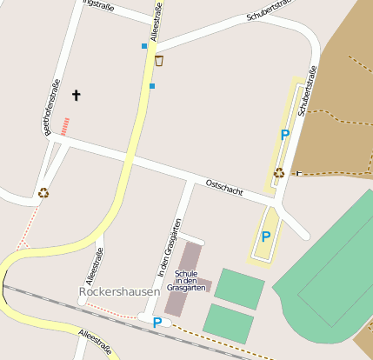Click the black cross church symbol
click(75, 95)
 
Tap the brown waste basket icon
click(158, 61)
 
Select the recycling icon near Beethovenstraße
click(43, 193)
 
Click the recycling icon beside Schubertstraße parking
click(279, 172)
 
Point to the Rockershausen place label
click(119, 292)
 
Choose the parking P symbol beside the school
click(157, 323)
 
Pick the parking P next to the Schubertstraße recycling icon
click(284, 135)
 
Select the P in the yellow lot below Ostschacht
click(266, 236)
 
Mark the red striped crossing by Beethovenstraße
click(64, 126)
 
